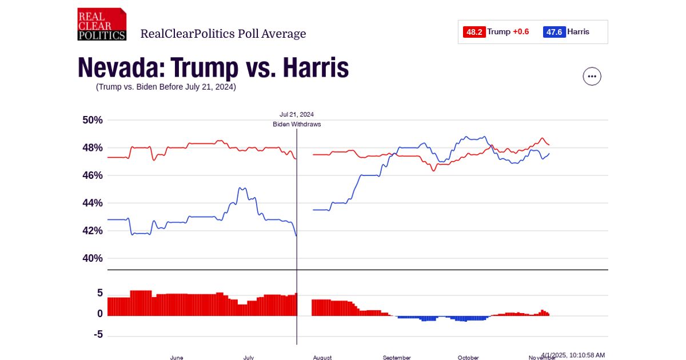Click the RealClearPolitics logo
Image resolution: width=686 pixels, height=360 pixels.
(102, 24)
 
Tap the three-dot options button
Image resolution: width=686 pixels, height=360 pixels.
(592, 76)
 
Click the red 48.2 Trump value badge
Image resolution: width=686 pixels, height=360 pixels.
(474, 32)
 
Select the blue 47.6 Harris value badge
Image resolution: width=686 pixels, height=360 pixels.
(554, 32)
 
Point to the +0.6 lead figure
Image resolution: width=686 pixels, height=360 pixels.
(521, 32)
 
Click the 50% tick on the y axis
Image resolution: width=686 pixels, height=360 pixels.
(93, 120)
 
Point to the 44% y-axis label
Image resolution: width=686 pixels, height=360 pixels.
(93, 203)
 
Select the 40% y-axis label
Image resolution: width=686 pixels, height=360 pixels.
(93, 258)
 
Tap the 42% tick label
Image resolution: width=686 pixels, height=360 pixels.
(93, 231)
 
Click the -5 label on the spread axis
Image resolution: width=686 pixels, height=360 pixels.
(98, 334)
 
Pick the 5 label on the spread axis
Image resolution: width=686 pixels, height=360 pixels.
(100, 293)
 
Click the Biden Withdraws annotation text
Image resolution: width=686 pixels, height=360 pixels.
(297, 124)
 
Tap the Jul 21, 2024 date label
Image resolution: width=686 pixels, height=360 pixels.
(297, 114)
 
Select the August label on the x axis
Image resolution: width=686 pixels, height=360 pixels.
(322, 357)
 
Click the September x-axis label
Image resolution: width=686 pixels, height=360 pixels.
(397, 357)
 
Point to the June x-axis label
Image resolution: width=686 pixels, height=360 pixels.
(177, 357)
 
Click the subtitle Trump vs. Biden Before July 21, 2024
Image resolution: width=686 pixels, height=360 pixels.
(166, 87)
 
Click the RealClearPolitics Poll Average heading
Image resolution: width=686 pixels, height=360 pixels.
(223, 34)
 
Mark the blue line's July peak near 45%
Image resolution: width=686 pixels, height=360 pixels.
(242, 188)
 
